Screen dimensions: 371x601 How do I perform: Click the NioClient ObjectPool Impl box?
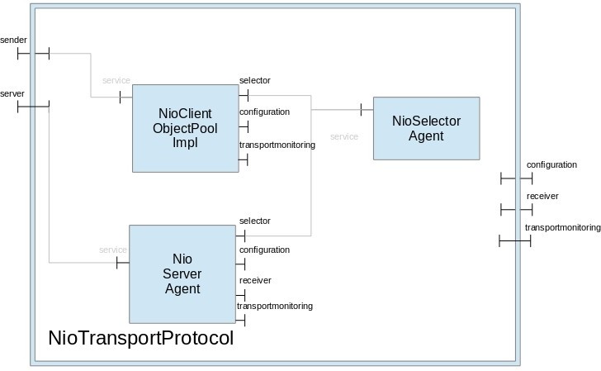click(185, 127)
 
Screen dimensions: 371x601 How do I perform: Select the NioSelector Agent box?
click(426, 128)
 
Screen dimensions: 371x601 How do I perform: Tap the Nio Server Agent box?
click(182, 273)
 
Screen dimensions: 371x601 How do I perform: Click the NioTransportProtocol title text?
click(141, 339)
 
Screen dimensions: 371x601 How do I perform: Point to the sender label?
click(13, 40)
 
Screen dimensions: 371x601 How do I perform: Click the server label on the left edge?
click(12, 94)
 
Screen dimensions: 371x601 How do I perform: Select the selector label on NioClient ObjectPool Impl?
click(254, 80)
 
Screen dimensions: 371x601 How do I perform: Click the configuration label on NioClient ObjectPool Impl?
click(264, 112)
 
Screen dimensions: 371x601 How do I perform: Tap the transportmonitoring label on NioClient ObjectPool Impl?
click(277, 145)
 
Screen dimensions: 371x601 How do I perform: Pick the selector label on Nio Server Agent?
click(254, 221)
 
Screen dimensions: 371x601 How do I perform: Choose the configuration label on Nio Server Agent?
click(264, 250)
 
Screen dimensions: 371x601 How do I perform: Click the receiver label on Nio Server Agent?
click(255, 281)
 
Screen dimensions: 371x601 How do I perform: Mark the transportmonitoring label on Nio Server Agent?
click(275, 307)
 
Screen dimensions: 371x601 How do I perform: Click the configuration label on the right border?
click(551, 164)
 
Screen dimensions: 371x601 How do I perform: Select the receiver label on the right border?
click(542, 196)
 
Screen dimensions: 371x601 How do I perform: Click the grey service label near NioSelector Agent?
click(344, 136)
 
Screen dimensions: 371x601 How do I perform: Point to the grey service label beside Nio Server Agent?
click(113, 250)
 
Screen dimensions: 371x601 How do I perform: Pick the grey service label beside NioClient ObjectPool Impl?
click(116, 80)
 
